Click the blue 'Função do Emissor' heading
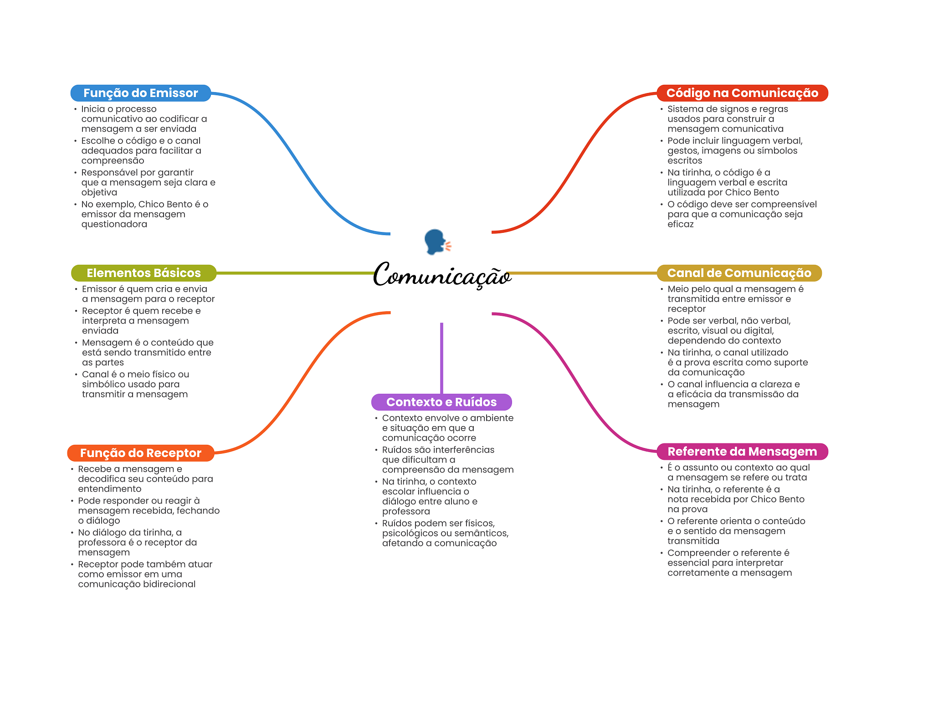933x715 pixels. [140, 93]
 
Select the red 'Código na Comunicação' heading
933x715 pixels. [742, 93]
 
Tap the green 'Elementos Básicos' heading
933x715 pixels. [144, 273]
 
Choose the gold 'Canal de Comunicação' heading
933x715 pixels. [739, 273]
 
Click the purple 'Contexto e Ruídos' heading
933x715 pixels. [441, 402]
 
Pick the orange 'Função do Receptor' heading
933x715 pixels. [140, 453]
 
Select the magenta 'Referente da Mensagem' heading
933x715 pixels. [742, 452]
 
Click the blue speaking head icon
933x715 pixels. [436, 242]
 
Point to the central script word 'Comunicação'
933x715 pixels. [442, 275]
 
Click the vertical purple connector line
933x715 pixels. [441, 358]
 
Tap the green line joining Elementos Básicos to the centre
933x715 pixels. [295, 273]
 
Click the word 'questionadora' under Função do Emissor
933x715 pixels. [114, 224]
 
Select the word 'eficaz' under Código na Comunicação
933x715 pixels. [681, 224]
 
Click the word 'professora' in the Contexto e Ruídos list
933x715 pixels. [406, 512]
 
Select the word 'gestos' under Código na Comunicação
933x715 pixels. [683, 151]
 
